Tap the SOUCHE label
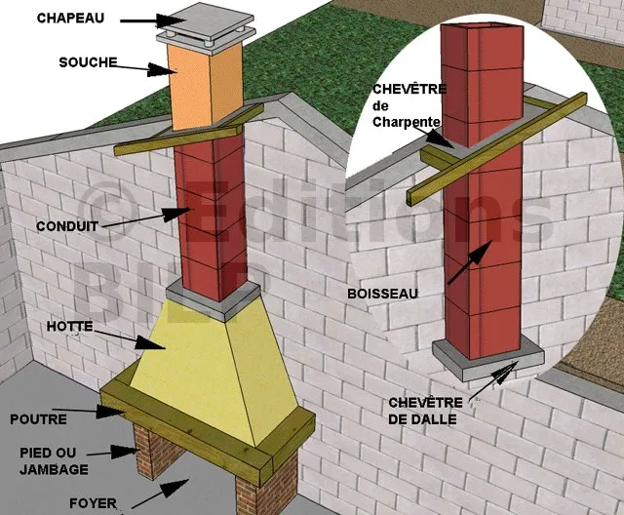point(88,62)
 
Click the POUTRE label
point(38,419)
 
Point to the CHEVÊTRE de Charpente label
point(409,105)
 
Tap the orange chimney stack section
point(205,86)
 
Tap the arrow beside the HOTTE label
point(126,337)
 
